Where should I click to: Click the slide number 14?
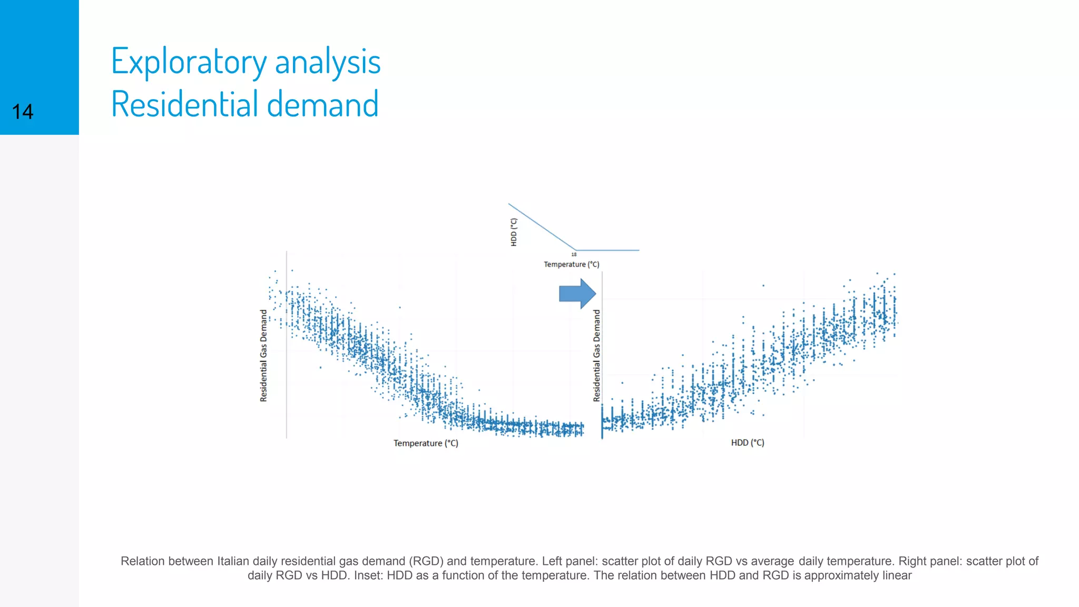pyautogui.click(x=23, y=112)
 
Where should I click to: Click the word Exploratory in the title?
pyautogui.click(x=189, y=62)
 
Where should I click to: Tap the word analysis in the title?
pyautogui.click(x=328, y=62)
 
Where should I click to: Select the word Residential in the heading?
pyautogui.click(x=184, y=104)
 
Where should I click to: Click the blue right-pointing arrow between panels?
pyautogui.click(x=577, y=293)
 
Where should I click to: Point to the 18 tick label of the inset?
pyautogui.click(x=574, y=254)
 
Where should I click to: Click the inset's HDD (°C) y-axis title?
pyautogui.click(x=514, y=232)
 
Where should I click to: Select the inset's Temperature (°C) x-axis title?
pyautogui.click(x=572, y=265)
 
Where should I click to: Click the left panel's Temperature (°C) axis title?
pyautogui.click(x=426, y=443)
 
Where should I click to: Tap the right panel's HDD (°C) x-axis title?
pyautogui.click(x=747, y=443)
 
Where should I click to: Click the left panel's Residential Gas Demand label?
pyautogui.click(x=263, y=356)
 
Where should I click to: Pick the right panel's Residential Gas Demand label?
pyautogui.click(x=596, y=356)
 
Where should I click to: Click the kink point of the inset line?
pyautogui.click(x=576, y=250)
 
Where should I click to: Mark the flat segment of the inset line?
pyautogui.click(x=609, y=250)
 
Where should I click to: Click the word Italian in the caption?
pyautogui.click(x=233, y=561)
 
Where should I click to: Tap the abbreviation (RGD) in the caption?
pyautogui.click(x=426, y=561)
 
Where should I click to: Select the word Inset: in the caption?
pyautogui.click(x=368, y=575)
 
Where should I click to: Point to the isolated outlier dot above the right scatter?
pyautogui.click(x=763, y=286)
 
